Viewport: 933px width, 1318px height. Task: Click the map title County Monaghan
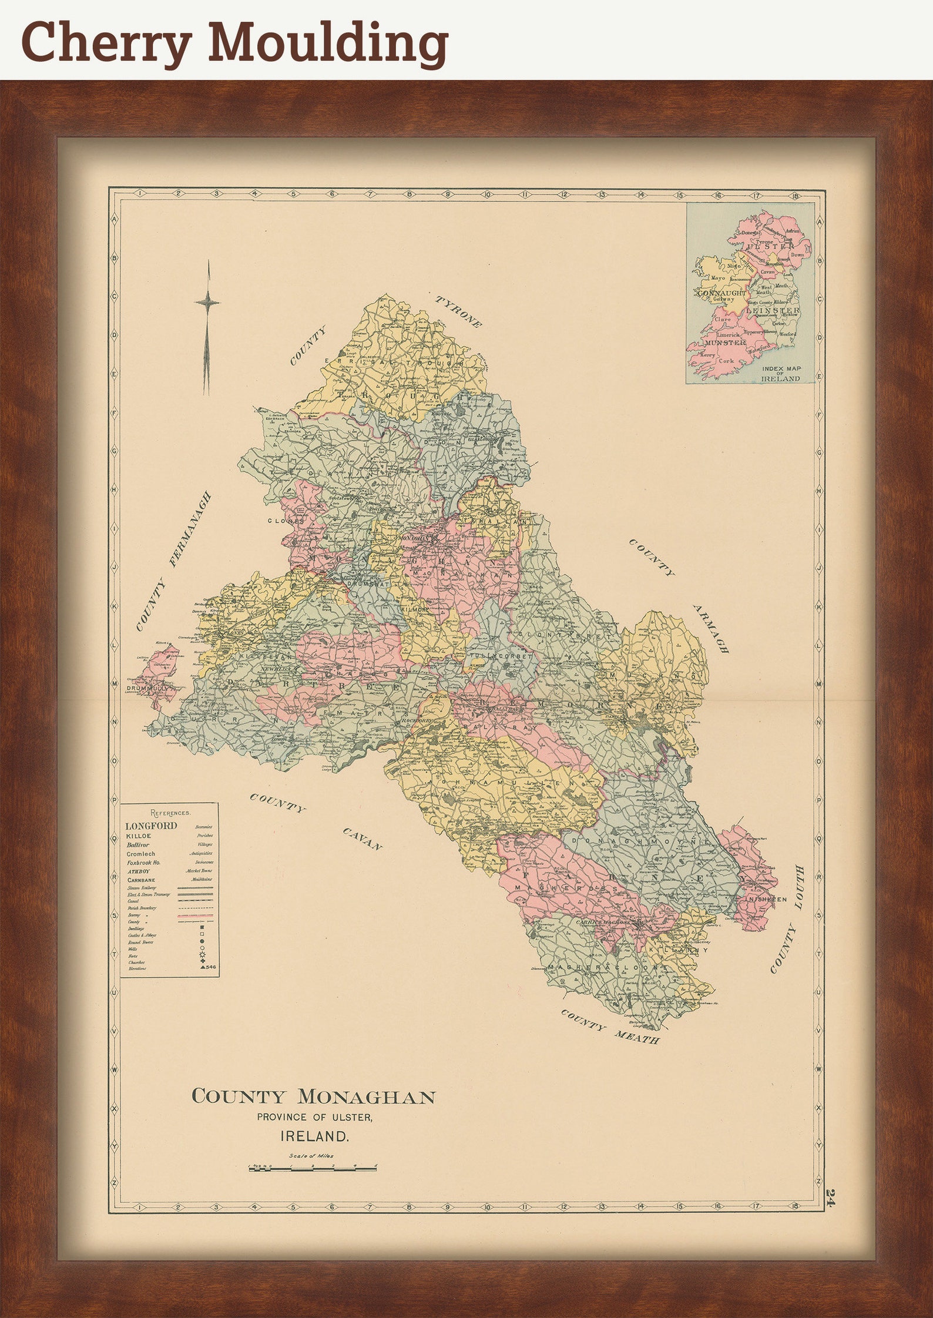tap(314, 1096)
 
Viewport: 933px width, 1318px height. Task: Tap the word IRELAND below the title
tap(315, 1136)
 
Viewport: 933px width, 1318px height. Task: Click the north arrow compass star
tap(207, 303)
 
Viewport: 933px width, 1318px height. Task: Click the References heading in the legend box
tap(170, 813)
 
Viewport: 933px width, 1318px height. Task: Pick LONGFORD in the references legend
tap(151, 826)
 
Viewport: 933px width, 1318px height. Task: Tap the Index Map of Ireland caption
tap(780, 374)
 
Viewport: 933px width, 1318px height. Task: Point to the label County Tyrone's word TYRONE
tap(459, 312)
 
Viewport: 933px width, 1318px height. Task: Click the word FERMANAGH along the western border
tap(190, 529)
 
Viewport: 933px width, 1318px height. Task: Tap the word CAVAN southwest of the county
tap(363, 839)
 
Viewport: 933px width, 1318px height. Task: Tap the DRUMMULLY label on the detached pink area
tap(148, 687)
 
